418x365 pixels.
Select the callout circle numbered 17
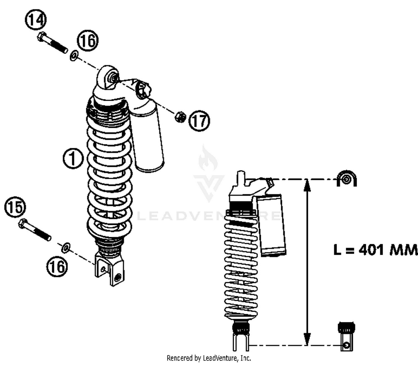tap(199, 121)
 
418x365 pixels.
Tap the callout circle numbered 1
tap(73, 158)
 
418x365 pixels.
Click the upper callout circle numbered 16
tap(88, 40)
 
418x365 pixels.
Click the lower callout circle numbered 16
tap(57, 266)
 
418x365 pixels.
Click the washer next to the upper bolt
tap(74, 56)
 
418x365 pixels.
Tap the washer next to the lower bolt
tap(65, 247)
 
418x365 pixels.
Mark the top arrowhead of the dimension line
tap(307, 185)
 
